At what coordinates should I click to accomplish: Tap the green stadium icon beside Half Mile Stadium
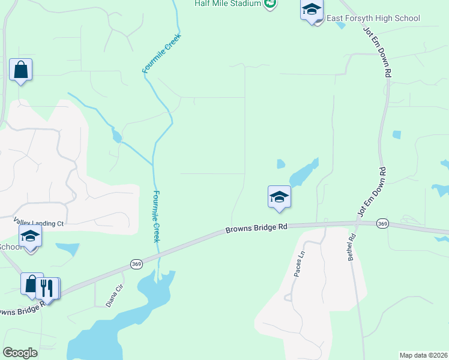coord(270,4)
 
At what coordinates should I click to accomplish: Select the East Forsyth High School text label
coord(373,19)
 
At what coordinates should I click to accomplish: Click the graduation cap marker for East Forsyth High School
coord(312,11)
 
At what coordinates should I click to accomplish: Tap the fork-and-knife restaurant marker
coord(47,289)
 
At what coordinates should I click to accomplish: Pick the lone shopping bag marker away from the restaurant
coord(20,71)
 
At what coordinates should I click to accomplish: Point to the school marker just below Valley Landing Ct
coord(30,237)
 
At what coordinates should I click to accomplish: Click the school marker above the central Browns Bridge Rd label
coord(279,197)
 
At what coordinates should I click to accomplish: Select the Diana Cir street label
coord(115,296)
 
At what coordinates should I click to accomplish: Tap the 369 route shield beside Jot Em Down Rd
coord(382,223)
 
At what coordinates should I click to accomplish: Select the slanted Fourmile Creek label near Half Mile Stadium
coord(161,53)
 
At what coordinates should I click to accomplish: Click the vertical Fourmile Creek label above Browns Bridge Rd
coord(156,216)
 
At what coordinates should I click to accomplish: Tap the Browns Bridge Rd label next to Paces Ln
coord(256,229)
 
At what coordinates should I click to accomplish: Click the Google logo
coord(20,353)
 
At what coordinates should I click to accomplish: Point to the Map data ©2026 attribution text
coord(423,355)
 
